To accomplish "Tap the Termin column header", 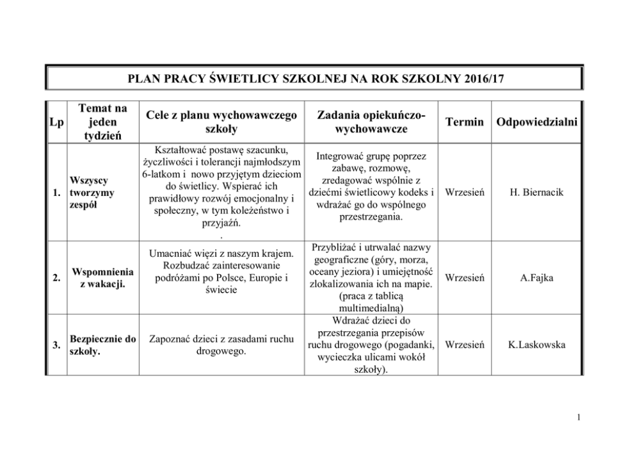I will click(x=464, y=122).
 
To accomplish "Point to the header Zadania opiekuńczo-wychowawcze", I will click(x=371, y=122).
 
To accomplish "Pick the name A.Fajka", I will click(x=536, y=278).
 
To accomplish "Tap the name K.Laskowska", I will click(x=536, y=345).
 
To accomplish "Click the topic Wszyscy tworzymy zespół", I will click(x=91, y=192).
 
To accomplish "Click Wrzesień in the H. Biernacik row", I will click(x=464, y=192).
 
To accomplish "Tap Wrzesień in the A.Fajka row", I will click(x=464, y=278).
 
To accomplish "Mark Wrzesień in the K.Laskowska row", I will click(x=464, y=345).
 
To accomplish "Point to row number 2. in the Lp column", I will click(x=56, y=278).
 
